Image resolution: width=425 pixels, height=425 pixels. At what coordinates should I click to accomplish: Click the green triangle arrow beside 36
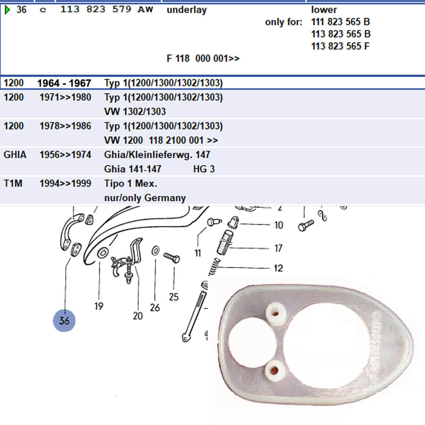(7, 10)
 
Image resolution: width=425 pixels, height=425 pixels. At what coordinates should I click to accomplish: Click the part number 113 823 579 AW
(107, 9)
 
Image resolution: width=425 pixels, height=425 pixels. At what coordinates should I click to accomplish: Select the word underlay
(187, 10)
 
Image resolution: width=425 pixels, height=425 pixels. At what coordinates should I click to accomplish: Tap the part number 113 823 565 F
(340, 46)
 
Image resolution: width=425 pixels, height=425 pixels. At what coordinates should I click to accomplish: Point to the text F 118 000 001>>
(203, 58)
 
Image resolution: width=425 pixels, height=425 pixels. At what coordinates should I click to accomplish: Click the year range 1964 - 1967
(64, 83)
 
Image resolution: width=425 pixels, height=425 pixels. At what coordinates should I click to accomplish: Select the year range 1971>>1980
(65, 97)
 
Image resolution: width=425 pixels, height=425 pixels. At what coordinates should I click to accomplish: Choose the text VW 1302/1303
(135, 111)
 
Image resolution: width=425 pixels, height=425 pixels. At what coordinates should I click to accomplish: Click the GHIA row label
(15, 155)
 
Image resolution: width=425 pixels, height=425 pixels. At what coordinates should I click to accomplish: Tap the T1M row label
(13, 184)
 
